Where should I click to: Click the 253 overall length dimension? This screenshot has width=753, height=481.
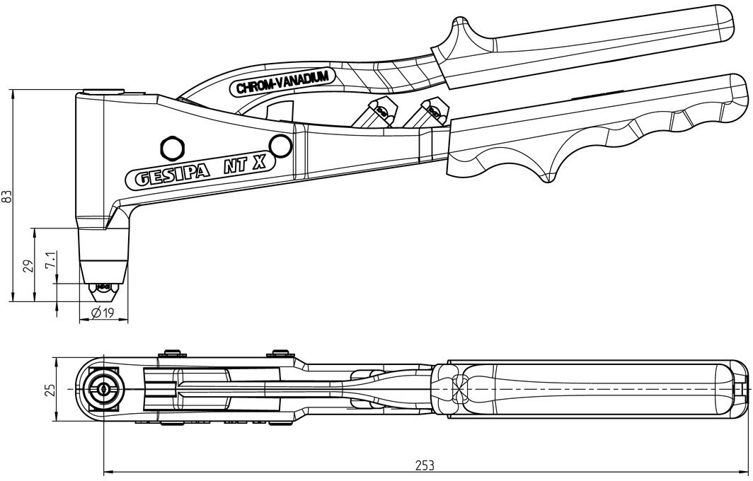pyautogui.click(x=425, y=465)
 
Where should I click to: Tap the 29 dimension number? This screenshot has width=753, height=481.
pyautogui.click(x=29, y=266)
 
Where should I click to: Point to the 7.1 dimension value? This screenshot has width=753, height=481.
pyautogui.click(x=52, y=259)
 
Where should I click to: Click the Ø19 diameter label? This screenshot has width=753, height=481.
pyautogui.click(x=103, y=313)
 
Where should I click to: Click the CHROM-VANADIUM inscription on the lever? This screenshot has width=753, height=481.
pyautogui.click(x=283, y=82)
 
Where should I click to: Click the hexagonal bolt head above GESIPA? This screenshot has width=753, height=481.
pyautogui.click(x=172, y=147)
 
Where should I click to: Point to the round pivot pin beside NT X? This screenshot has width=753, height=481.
pyautogui.click(x=280, y=145)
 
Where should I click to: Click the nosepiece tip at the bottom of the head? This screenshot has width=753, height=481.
pyautogui.click(x=103, y=290)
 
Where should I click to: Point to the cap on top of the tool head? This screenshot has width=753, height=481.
pyautogui.click(x=102, y=91)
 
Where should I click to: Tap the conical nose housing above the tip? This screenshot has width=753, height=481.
pyautogui.click(x=104, y=256)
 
